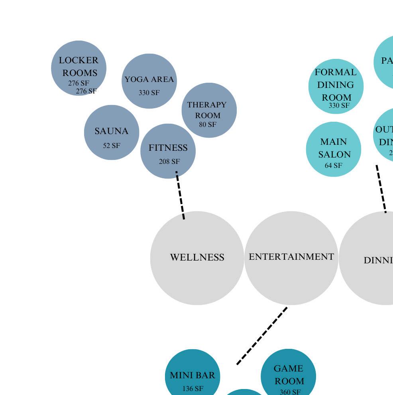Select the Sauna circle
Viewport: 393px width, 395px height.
click(x=112, y=132)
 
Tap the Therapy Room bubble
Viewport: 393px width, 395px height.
click(x=209, y=110)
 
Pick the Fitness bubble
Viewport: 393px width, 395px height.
click(x=168, y=151)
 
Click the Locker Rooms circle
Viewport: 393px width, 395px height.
click(x=79, y=68)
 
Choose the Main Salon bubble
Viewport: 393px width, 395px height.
click(x=334, y=149)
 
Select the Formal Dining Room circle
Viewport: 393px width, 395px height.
click(x=336, y=86)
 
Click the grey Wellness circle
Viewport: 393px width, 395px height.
click(x=197, y=258)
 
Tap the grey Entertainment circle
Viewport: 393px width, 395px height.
click(x=291, y=258)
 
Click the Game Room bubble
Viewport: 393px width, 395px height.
click(x=289, y=374)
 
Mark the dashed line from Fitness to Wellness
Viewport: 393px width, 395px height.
click(x=180, y=195)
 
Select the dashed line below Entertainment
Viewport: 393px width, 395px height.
click(x=262, y=335)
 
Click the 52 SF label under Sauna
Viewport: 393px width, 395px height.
click(x=112, y=146)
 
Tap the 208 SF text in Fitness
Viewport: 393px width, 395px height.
click(x=169, y=162)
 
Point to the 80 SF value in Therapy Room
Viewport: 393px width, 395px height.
click(x=208, y=125)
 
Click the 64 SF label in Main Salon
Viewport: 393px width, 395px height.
click(x=333, y=165)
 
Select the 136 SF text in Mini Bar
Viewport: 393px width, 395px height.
click(x=193, y=389)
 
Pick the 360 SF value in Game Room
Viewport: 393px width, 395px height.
click(x=290, y=392)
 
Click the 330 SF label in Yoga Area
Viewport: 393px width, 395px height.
click(x=149, y=93)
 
